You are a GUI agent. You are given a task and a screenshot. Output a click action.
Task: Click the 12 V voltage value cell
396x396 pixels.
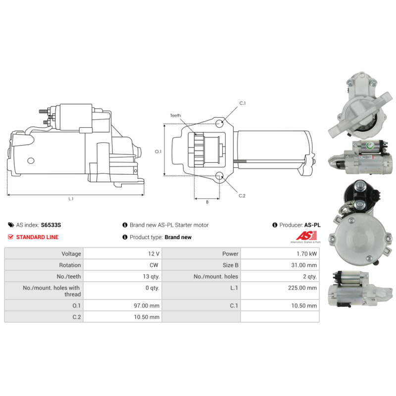tap(153, 253)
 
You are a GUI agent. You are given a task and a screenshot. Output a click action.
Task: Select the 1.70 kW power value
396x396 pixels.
tap(306, 253)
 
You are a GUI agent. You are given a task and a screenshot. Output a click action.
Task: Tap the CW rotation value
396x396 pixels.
tap(154, 265)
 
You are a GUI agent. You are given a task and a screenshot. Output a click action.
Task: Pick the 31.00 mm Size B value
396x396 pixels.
tap(304, 265)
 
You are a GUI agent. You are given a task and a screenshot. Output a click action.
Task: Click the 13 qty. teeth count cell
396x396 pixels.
tap(151, 277)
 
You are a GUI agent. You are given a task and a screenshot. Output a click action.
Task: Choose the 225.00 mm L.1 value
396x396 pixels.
tap(302, 288)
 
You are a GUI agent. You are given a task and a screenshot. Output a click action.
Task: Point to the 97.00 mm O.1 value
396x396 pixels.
tap(147, 305)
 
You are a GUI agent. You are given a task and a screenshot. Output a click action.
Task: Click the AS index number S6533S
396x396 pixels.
tap(51, 225)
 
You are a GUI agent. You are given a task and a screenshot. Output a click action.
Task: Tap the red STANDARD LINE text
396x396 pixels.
tap(38, 237)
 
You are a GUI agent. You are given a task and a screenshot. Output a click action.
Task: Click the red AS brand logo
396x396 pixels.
tap(306, 236)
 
